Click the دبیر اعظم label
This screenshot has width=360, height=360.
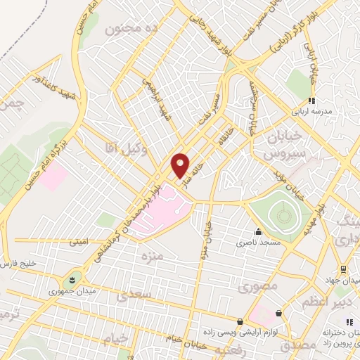tap(324, 302)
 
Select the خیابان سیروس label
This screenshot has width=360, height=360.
tap(287, 143)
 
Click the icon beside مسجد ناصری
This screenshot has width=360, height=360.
tap(258, 231)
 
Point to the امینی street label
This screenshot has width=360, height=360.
tap(79, 242)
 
